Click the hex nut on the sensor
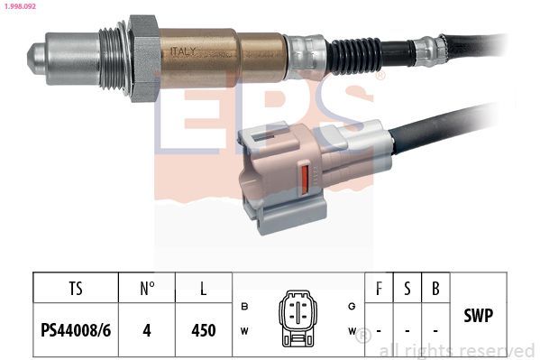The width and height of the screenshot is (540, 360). (143, 57)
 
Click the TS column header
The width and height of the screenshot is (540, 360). (76, 291)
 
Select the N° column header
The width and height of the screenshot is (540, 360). (148, 291)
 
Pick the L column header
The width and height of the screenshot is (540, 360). (204, 291)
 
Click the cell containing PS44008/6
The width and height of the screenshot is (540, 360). (76, 330)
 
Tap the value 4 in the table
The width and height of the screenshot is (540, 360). (148, 330)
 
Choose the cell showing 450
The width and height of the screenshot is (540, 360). (204, 330)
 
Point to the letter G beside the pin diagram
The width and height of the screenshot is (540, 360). (352, 307)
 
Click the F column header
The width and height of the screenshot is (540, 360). (379, 291)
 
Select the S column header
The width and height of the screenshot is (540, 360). (407, 291)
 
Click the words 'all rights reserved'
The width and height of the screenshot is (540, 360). (456, 350)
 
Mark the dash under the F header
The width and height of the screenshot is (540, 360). (379, 330)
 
